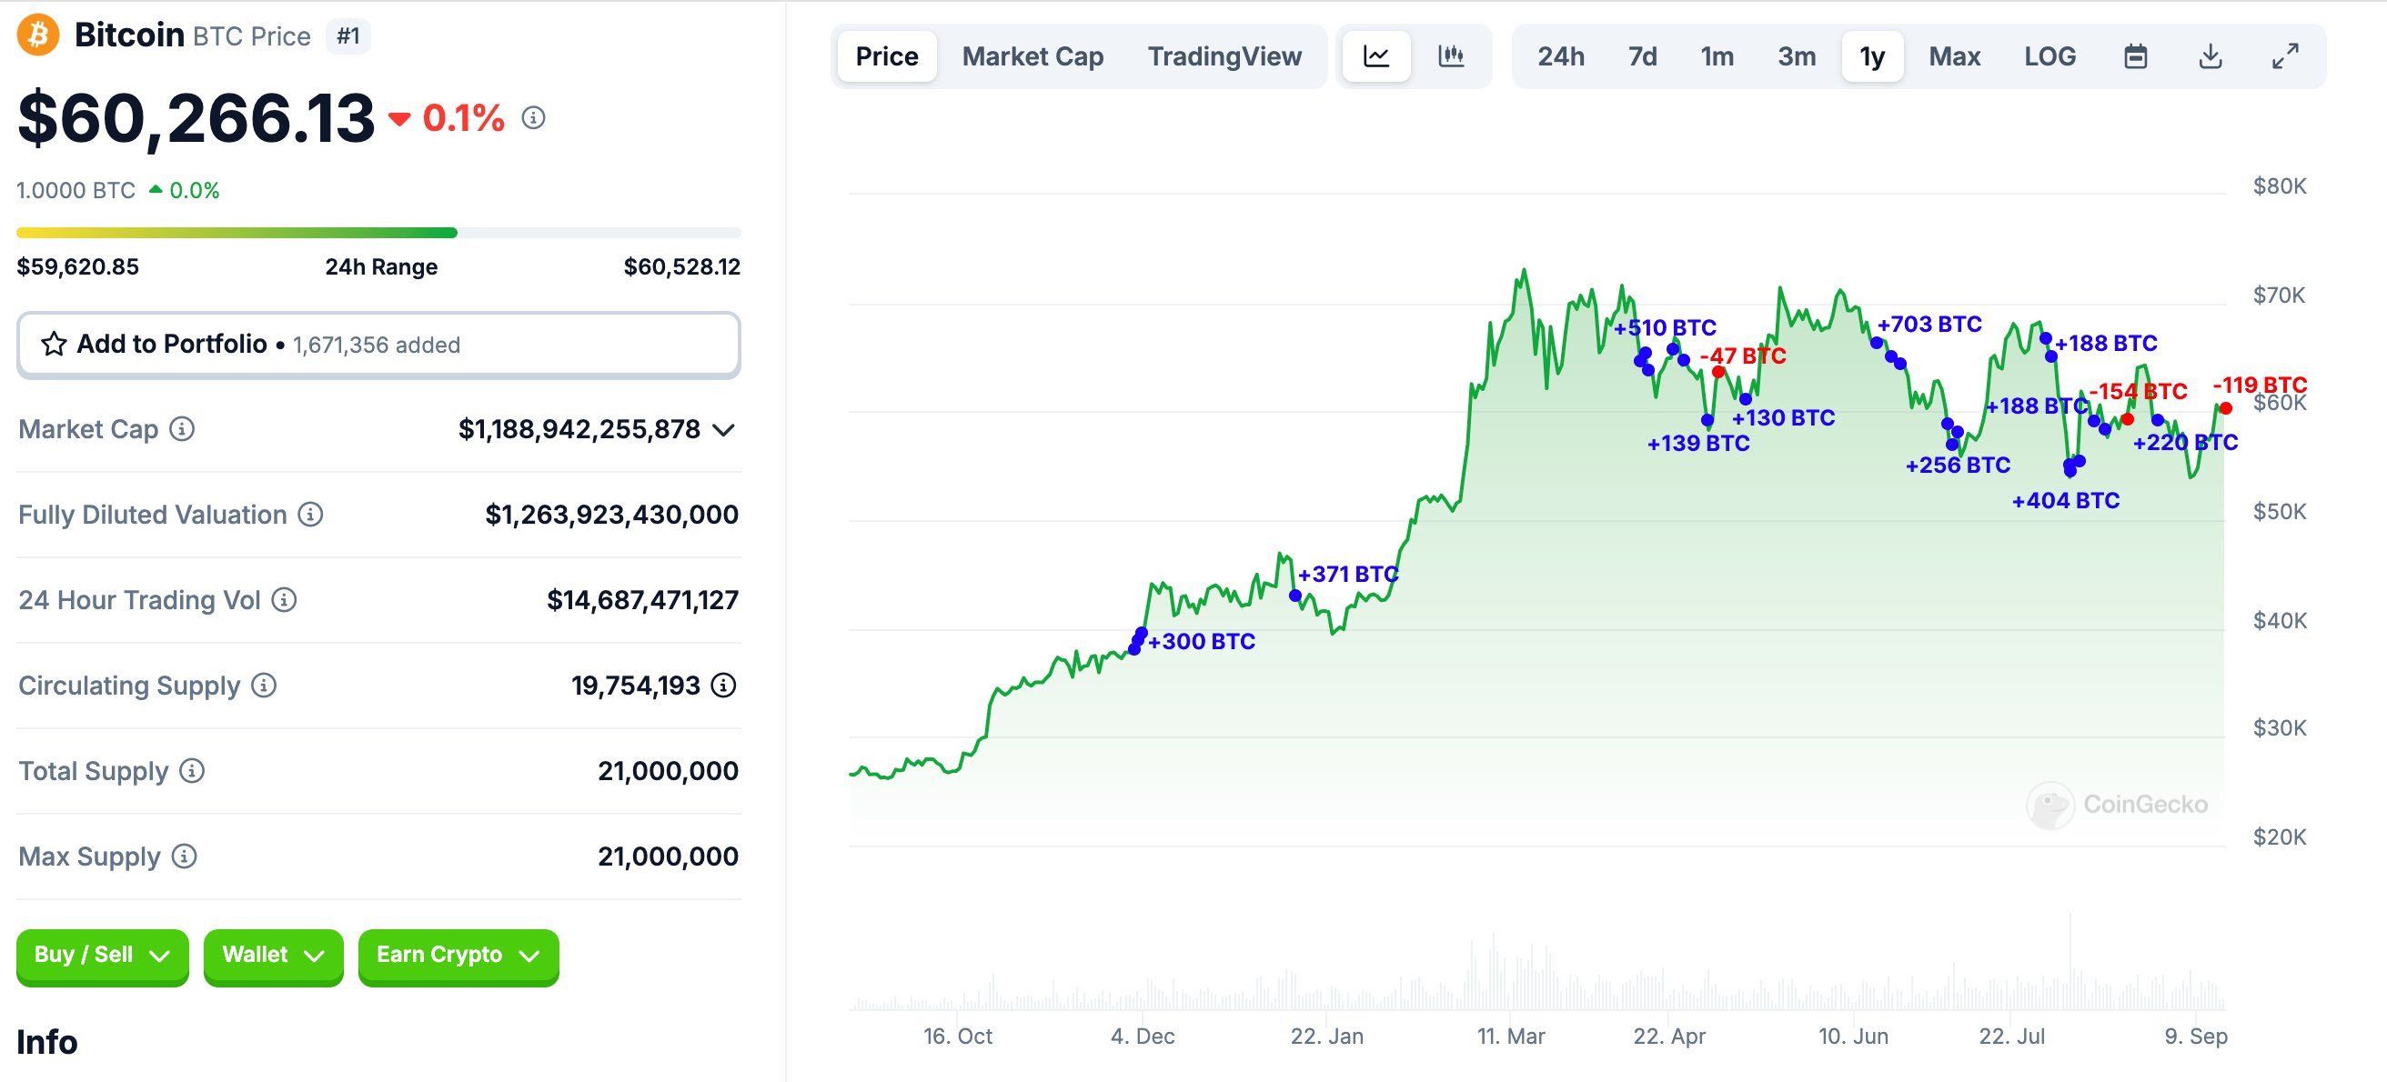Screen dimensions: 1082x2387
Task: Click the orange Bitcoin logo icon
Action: coord(38,35)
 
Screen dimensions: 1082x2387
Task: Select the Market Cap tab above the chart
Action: coord(1032,56)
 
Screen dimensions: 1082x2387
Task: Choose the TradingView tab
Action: coord(1224,56)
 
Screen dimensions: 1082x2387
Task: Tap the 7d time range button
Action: coord(1642,56)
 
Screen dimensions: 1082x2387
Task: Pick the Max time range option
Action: coord(1954,56)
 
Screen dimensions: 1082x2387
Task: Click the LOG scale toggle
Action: coord(2050,56)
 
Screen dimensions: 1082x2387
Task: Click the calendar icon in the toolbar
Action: coord(2135,56)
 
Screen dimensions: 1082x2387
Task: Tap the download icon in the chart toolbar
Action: coord(2210,56)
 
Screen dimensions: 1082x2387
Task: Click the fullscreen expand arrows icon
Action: coord(2285,56)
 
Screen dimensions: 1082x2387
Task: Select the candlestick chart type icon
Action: coord(1450,56)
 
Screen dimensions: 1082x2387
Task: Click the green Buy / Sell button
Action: coord(102,955)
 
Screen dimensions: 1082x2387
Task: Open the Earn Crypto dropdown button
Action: coord(458,955)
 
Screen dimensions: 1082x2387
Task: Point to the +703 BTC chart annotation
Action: coord(1929,325)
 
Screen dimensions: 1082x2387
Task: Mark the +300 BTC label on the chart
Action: coord(1201,641)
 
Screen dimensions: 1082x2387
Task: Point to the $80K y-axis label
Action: coord(2280,186)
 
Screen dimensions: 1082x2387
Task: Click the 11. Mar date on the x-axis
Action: coord(1510,1036)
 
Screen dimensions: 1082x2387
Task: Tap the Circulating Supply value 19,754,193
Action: coord(635,686)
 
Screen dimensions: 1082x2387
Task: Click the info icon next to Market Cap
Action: coord(183,429)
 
